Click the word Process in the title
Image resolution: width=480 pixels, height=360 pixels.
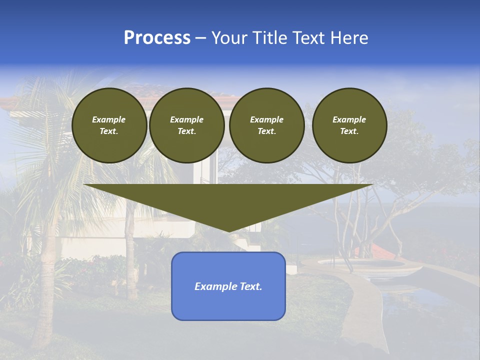tap(157, 38)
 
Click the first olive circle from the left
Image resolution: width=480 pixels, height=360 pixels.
tap(109, 125)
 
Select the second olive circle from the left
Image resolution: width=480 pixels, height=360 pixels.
tap(186, 125)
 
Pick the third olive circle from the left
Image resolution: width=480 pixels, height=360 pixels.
tap(266, 125)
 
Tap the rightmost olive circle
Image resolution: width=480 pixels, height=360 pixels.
tap(349, 125)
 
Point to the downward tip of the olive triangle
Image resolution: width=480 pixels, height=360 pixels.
tap(228, 231)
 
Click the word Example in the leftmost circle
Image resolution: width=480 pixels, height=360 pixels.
tap(109, 119)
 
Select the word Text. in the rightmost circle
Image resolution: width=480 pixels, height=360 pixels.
tap(349, 131)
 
